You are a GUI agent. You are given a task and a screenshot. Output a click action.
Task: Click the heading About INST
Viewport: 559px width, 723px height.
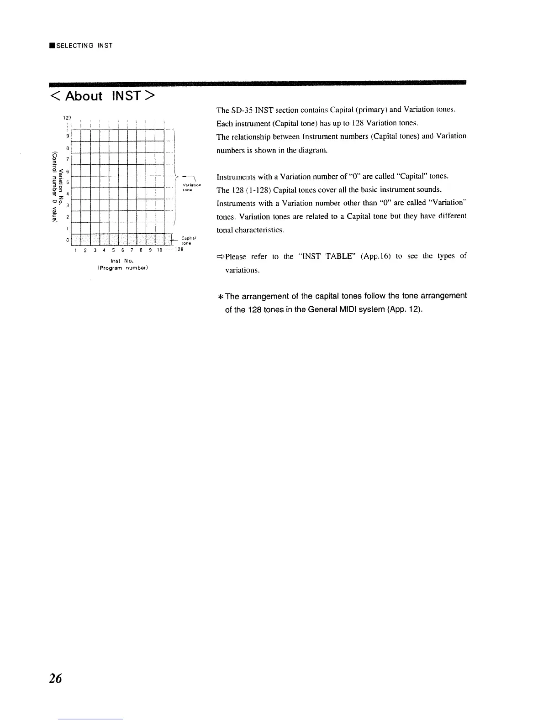pos(103,96)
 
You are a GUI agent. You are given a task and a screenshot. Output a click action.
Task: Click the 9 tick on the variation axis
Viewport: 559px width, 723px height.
pos(67,136)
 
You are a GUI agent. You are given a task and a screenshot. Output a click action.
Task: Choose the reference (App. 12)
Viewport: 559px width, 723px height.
pos(404,310)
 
